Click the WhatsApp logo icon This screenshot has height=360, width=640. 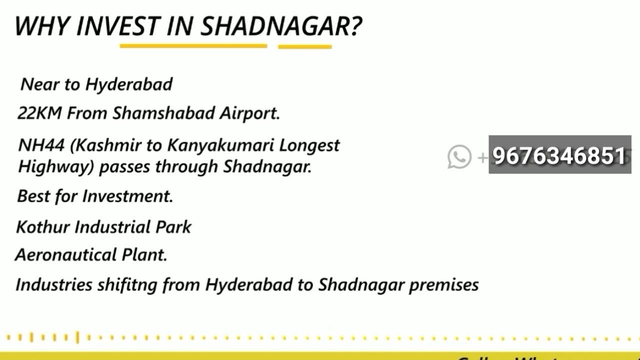pyautogui.click(x=459, y=156)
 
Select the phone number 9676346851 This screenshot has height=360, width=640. pyautogui.click(x=559, y=155)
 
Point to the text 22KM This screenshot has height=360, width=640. pyautogui.click(x=39, y=113)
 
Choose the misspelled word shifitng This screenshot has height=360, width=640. pyautogui.click(x=127, y=285)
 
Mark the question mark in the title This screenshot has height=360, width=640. pyautogui.click(x=355, y=25)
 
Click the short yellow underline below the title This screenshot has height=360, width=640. pyautogui.click(x=304, y=47)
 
